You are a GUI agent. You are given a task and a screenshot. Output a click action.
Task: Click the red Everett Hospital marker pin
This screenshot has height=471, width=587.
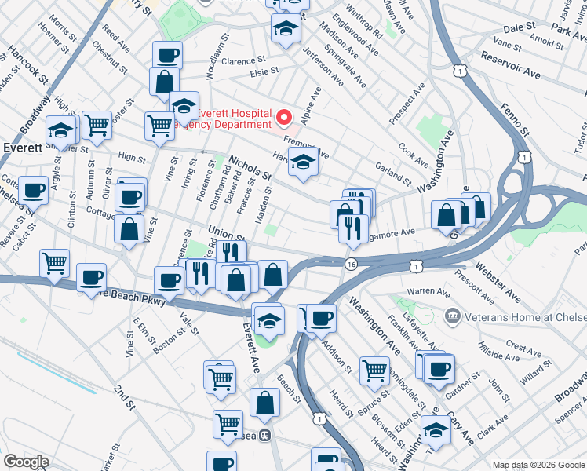(x=283, y=118)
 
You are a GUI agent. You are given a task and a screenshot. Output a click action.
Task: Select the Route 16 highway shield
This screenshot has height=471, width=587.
(x=350, y=265)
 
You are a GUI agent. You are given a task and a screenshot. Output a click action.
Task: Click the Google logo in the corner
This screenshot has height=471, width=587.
(x=26, y=462)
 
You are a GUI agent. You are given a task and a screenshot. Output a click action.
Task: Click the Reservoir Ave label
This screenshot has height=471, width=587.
(x=510, y=66)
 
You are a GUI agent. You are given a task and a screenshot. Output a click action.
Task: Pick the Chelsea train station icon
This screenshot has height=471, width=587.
(x=266, y=436)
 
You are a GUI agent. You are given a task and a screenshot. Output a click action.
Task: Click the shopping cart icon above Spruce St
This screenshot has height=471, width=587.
(x=374, y=369)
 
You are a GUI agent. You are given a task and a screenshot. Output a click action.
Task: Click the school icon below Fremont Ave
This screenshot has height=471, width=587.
(x=303, y=163)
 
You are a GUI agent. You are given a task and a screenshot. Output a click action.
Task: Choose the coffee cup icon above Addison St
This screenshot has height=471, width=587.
(x=320, y=318)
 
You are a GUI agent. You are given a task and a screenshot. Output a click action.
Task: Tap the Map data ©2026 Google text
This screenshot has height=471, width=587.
(x=537, y=464)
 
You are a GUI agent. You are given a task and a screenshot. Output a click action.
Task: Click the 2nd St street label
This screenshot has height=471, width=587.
(x=125, y=397)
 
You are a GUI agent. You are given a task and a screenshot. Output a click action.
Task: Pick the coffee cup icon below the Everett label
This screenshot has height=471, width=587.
(x=32, y=190)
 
